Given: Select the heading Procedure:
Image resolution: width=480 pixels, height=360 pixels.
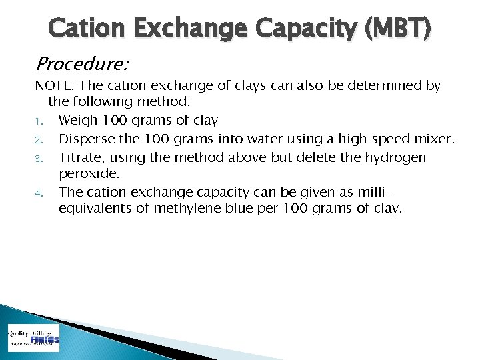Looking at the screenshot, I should pyautogui.click(x=82, y=64).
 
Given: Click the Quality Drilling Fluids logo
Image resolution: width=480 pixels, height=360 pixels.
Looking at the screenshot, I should pyautogui.click(x=33, y=338).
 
